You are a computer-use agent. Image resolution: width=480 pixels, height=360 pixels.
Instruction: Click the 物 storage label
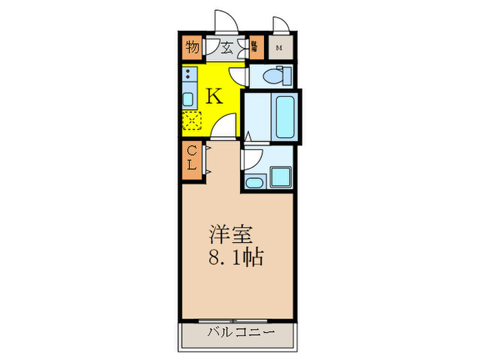coord(192,48)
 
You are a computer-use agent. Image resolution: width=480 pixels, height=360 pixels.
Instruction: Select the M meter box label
coord(279,48)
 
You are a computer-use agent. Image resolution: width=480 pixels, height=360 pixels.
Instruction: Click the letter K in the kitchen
coord(214,96)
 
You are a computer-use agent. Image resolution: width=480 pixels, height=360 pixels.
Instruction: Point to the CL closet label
coord(193,158)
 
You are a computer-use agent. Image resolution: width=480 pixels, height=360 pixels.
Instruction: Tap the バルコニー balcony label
coord(238,333)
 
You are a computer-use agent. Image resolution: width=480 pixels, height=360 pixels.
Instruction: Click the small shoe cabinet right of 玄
coord(254,48)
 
